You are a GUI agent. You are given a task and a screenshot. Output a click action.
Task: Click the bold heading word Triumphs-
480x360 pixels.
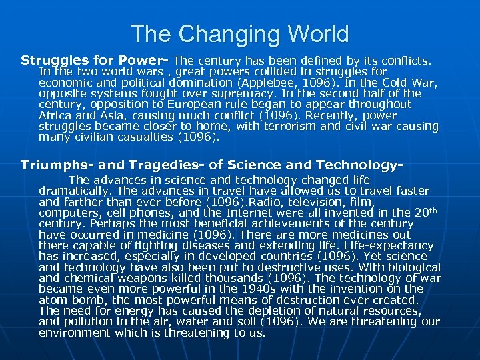pyautogui.click(x=54, y=165)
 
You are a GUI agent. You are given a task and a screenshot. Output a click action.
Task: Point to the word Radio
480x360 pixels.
pyautogui.click(x=260, y=201)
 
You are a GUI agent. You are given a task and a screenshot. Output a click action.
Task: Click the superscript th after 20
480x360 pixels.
pyautogui.click(x=432, y=210)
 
